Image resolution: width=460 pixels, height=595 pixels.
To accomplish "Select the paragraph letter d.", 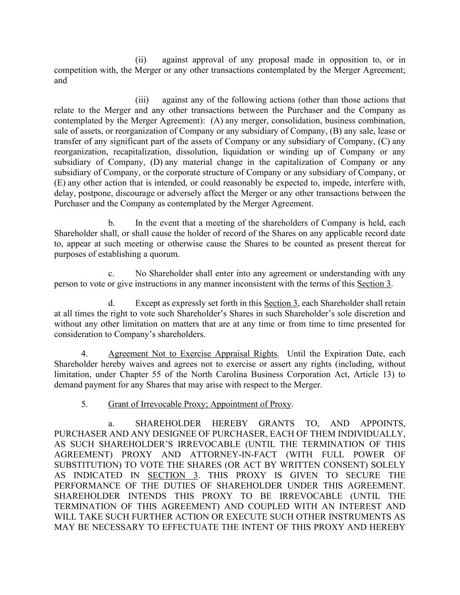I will pyautogui.click(x=112, y=303).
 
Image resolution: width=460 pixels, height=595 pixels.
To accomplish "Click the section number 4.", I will pyautogui.click(x=85, y=354).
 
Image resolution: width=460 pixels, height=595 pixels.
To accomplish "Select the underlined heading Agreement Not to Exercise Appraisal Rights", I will pyautogui.click(x=192, y=354).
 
